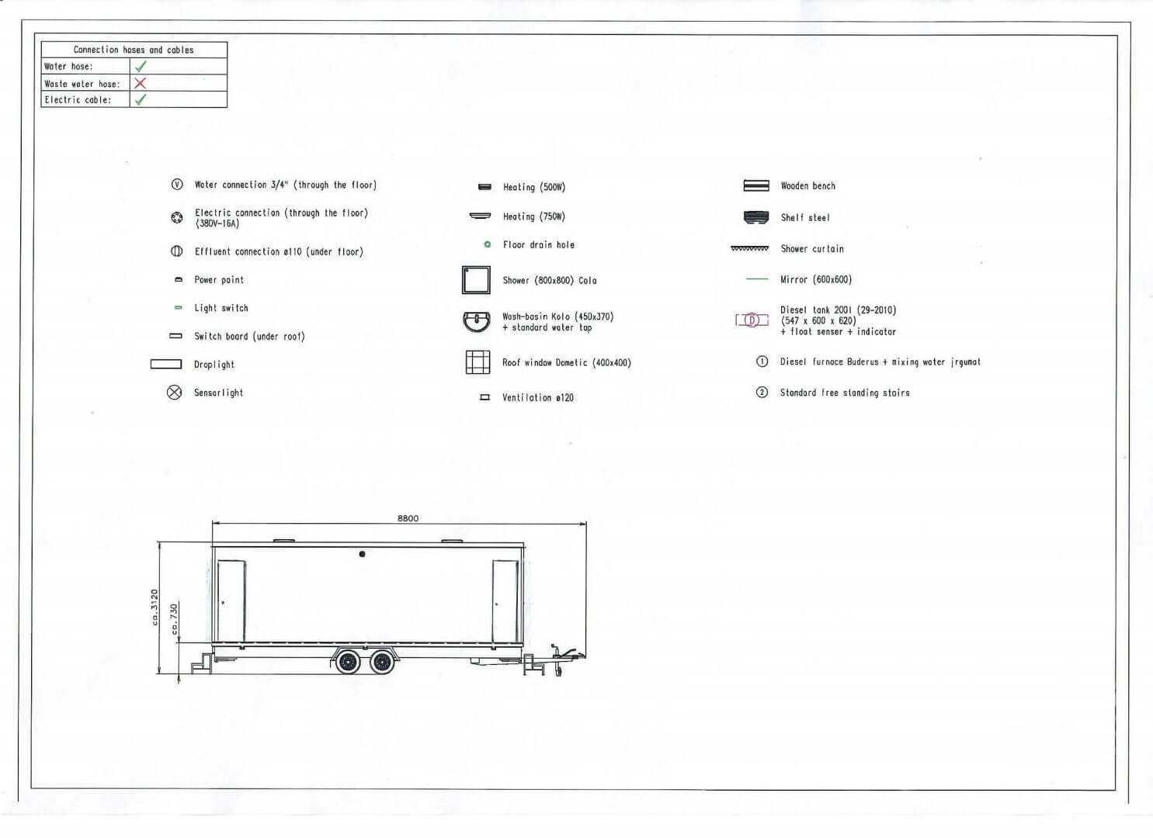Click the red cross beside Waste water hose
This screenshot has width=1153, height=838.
coord(140,83)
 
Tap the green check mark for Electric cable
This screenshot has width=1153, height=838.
coord(141,99)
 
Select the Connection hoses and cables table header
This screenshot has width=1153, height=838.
coord(134,50)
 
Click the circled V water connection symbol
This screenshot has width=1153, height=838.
coord(177,185)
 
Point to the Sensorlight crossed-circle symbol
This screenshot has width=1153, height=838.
coord(175,393)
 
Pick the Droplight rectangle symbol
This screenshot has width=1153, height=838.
coord(166,364)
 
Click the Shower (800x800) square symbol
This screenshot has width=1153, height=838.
coord(476,280)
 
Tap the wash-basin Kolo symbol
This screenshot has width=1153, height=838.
coord(477,320)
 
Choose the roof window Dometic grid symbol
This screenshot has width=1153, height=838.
coord(478,362)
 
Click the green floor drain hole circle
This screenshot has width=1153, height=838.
coord(487,244)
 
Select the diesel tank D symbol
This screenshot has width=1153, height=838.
coord(752,320)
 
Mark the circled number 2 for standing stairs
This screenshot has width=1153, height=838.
coord(762,393)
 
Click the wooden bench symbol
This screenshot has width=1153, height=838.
coord(756,186)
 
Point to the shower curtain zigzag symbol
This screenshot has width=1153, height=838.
coord(749,249)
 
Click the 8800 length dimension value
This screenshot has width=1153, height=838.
coord(408,518)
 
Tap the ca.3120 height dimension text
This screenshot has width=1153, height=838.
coord(155,608)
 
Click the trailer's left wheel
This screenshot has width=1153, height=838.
coord(348,662)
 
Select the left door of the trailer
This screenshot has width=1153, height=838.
coord(231,601)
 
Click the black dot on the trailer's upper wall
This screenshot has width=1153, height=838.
coord(362,554)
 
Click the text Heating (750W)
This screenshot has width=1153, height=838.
coord(534,216)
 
